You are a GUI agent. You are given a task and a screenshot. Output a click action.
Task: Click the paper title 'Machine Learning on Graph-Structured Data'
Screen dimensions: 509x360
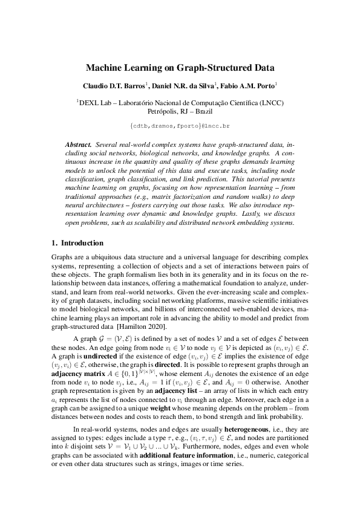(x=180, y=68)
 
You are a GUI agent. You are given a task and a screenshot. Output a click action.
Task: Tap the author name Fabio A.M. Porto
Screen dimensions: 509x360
(x=252, y=85)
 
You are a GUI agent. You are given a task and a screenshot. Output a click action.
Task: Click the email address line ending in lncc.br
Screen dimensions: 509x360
(x=180, y=125)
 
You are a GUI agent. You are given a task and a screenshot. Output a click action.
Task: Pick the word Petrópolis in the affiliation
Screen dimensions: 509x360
(x=163, y=111)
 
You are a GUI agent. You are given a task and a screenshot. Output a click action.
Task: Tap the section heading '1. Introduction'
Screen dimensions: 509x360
(x=77, y=244)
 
